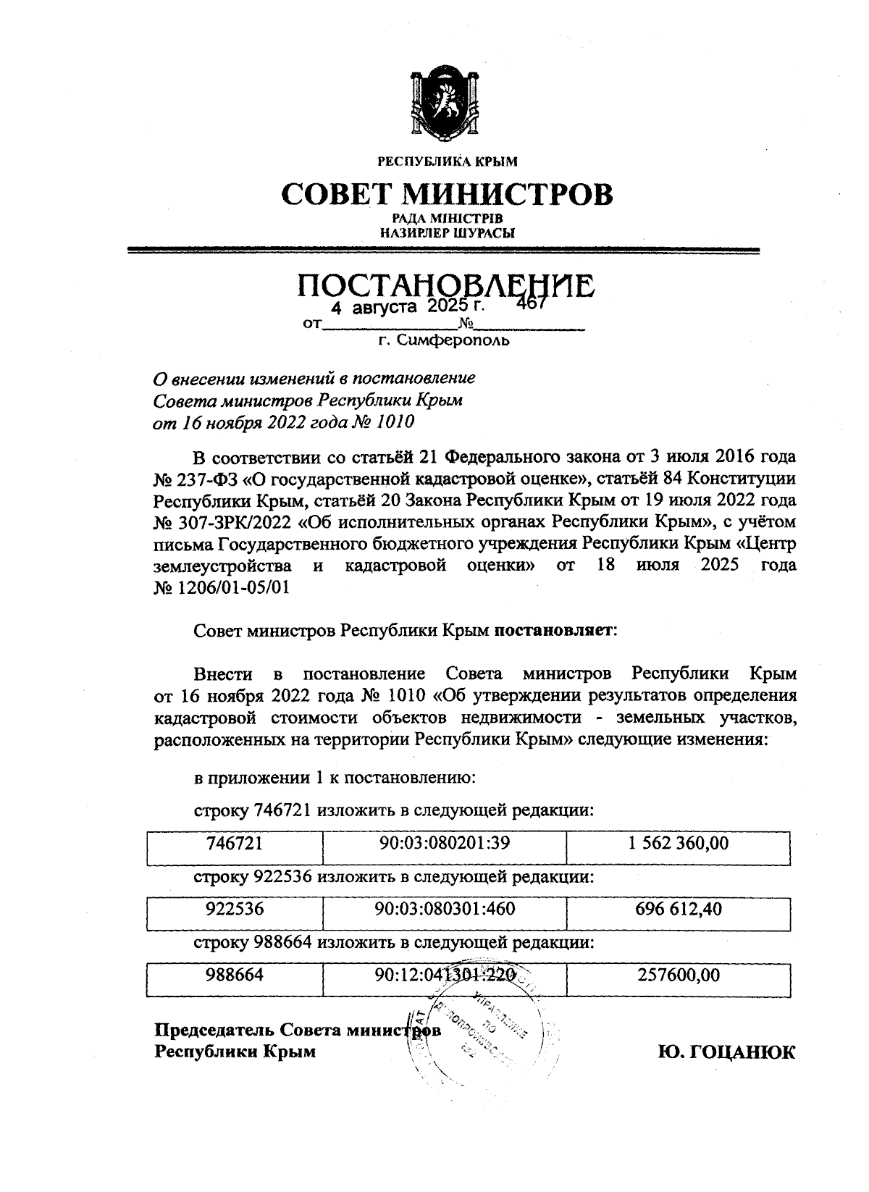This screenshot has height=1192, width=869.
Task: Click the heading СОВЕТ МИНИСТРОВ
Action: (446, 193)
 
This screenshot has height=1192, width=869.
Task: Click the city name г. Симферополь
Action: (444, 340)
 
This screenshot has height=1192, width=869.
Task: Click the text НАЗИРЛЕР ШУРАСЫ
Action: (447, 233)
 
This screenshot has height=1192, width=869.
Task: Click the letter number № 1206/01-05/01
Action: (222, 587)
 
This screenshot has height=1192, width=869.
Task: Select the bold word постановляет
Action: (554, 630)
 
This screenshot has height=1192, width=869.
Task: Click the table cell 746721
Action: (234, 844)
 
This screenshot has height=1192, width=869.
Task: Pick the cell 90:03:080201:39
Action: (445, 844)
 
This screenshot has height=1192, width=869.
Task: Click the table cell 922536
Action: (234, 909)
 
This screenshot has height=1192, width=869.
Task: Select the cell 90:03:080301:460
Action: (445, 909)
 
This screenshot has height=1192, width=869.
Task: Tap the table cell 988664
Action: (234, 975)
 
